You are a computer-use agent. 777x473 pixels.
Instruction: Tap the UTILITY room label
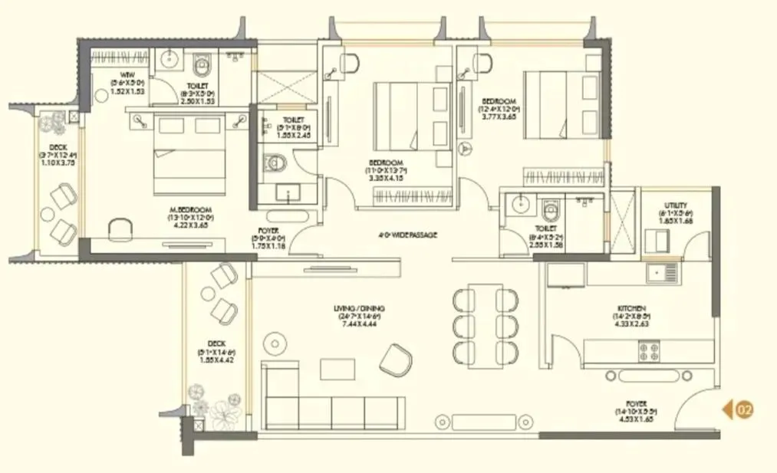click(x=675, y=205)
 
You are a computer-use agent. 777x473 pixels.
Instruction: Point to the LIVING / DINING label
click(x=359, y=309)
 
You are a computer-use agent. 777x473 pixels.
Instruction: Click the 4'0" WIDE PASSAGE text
click(x=407, y=235)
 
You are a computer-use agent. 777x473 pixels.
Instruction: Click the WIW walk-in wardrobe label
click(x=117, y=74)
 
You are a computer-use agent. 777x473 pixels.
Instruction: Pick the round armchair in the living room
click(x=395, y=359)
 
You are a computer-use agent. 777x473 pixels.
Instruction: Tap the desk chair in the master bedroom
click(x=119, y=228)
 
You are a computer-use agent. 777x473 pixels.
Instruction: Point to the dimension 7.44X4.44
click(x=359, y=324)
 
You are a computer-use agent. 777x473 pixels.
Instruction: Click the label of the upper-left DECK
click(x=58, y=147)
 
